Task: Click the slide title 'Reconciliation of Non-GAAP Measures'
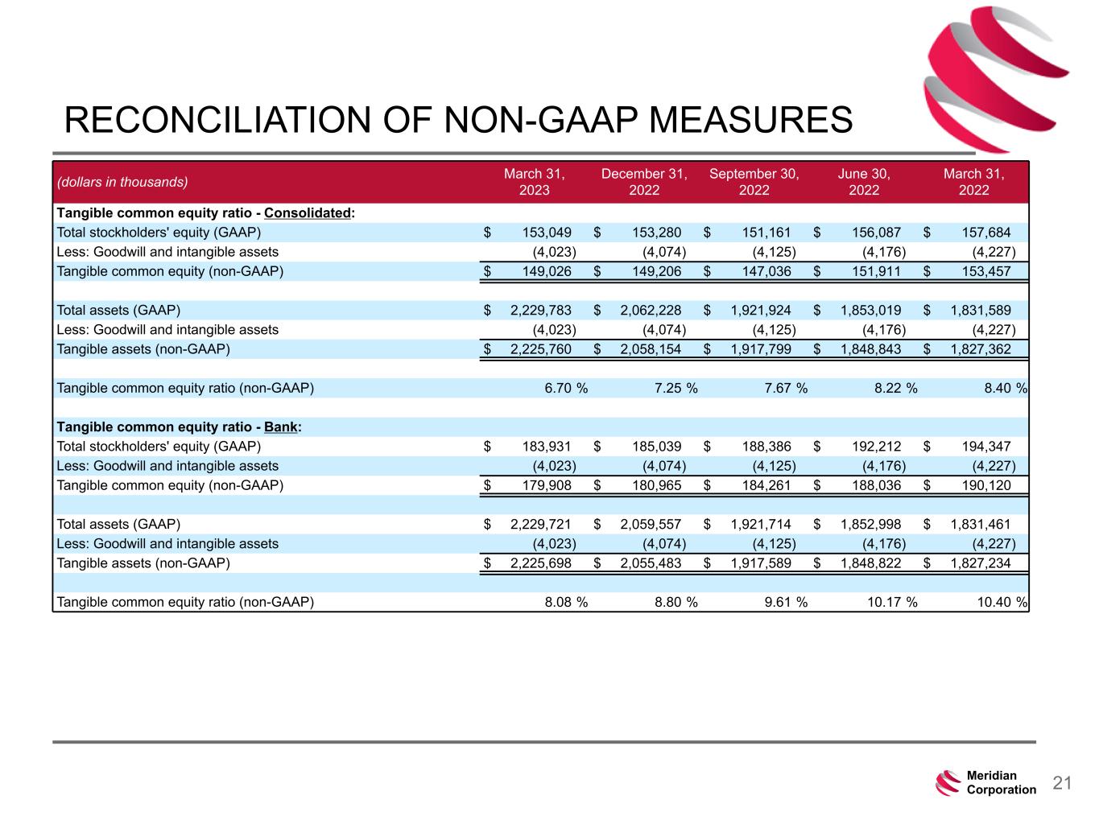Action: tap(458, 120)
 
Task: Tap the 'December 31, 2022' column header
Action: tap(644, 182)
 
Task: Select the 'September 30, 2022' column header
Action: tap(754, 182)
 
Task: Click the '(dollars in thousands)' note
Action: tap(122, 182)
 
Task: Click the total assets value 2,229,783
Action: tap(541, 310)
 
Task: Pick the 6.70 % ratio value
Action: tap(565, 388)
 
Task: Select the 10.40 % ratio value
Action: tap(1002, 602)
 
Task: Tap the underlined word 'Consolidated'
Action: tap(308, 213)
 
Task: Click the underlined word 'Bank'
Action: tap(281, 427)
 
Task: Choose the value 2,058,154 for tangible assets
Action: tap(651, 349)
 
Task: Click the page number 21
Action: tap(1063, 783)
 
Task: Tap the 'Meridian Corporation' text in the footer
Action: tap(1001, 783)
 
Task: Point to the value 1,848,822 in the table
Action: tap(870, 563)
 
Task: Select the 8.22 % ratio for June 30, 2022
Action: tap(895, 388)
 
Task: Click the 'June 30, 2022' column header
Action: tap(864, 182)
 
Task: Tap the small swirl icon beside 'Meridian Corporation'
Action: tap(948, 783)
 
